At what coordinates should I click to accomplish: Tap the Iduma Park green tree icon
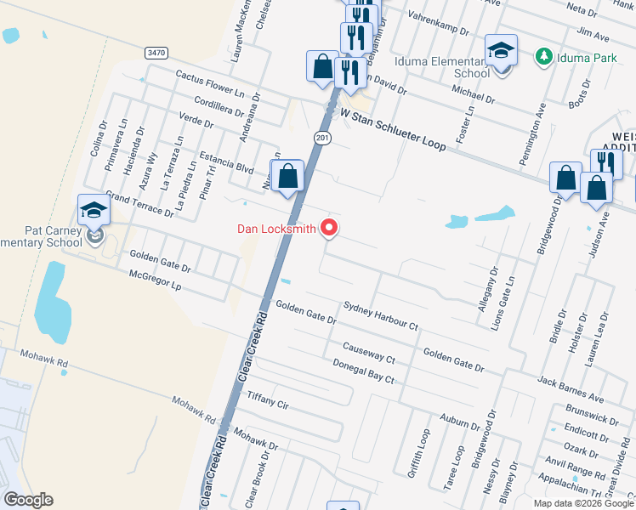coord(543,56)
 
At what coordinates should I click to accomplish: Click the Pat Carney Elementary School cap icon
coord(94,210)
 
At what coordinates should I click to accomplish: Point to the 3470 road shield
coord(156,53)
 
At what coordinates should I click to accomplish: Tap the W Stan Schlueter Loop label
coord(393,128)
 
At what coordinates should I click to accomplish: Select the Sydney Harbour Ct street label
coord(381,315)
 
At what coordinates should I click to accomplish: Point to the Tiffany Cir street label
coord(268,398)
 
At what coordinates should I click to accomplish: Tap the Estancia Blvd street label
coord(226,161)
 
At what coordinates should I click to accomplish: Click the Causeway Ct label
coord(368,353)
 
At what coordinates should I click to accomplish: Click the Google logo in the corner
coord(28,500)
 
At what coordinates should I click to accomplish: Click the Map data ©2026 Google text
coord(583,503)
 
